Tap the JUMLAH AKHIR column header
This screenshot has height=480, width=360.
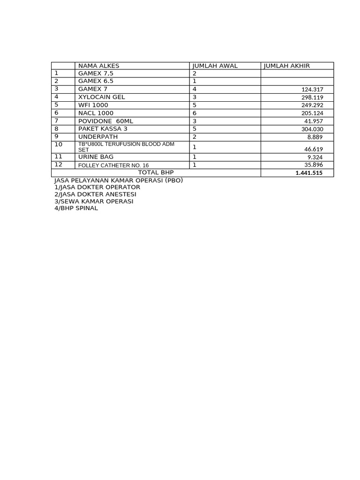(287, 66)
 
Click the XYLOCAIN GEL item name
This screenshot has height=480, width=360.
(102, 97)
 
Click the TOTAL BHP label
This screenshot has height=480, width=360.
(156, 172)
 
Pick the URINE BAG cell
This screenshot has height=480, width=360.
(96, 157)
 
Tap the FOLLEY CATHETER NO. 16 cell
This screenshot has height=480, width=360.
(113, 165)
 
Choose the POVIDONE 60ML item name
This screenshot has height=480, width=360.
(105, 121)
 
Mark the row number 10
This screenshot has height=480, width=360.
(59, 144)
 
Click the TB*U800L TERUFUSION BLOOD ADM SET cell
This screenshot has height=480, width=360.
(126, 147)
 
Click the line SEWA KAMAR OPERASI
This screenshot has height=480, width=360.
(94, 201)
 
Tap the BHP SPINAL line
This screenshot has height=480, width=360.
(76, 208)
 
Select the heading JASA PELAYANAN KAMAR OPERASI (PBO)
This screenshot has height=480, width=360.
(119, 180)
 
